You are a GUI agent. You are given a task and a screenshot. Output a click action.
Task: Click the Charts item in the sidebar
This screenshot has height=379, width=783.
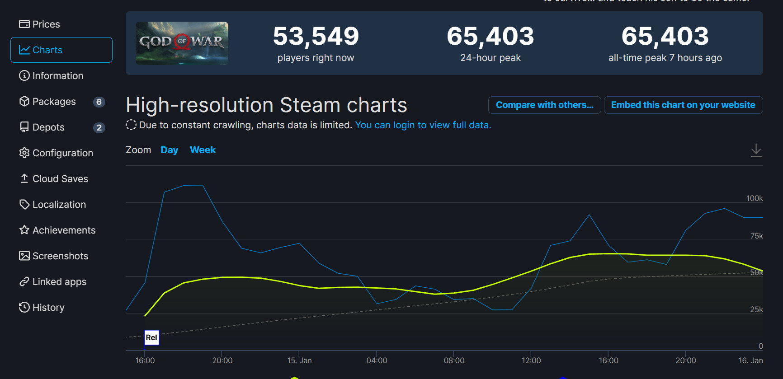(61, 50)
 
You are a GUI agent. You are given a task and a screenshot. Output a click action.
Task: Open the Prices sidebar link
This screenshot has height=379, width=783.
(40, 24)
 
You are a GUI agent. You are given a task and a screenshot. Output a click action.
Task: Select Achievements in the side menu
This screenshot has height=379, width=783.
(57, 230)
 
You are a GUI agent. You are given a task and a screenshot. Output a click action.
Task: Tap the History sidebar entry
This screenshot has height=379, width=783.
(42, 307)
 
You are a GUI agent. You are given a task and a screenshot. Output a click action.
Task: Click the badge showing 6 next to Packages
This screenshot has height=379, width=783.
(99, 102)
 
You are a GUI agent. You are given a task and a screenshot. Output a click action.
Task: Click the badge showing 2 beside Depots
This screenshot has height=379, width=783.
(99, 127)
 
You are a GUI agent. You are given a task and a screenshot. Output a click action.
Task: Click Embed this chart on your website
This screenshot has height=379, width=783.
(683, 105)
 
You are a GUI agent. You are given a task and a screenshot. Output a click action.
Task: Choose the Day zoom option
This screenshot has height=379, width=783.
(169, 150)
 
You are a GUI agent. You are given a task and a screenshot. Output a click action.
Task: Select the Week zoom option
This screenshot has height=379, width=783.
(203, 150)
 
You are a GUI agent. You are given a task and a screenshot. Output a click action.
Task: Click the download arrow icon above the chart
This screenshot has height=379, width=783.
(756, 150)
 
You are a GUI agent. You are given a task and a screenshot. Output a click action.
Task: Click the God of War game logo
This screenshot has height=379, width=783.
(182, 43)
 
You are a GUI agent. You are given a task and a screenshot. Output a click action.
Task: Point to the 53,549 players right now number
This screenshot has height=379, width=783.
(316, 36)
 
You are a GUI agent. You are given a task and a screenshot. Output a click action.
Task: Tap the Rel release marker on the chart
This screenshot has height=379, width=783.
(151, 337)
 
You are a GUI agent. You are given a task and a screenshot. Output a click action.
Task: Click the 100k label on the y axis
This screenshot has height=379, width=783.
(754, 198)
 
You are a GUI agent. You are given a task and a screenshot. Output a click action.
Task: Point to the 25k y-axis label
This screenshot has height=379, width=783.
(756, 309)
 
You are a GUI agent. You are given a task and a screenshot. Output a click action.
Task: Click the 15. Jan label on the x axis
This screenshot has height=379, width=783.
(299, 360)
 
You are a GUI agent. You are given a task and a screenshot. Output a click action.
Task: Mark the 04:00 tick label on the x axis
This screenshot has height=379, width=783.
(377, 360)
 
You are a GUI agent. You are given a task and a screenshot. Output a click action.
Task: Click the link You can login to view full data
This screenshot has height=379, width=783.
(423, 125)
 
